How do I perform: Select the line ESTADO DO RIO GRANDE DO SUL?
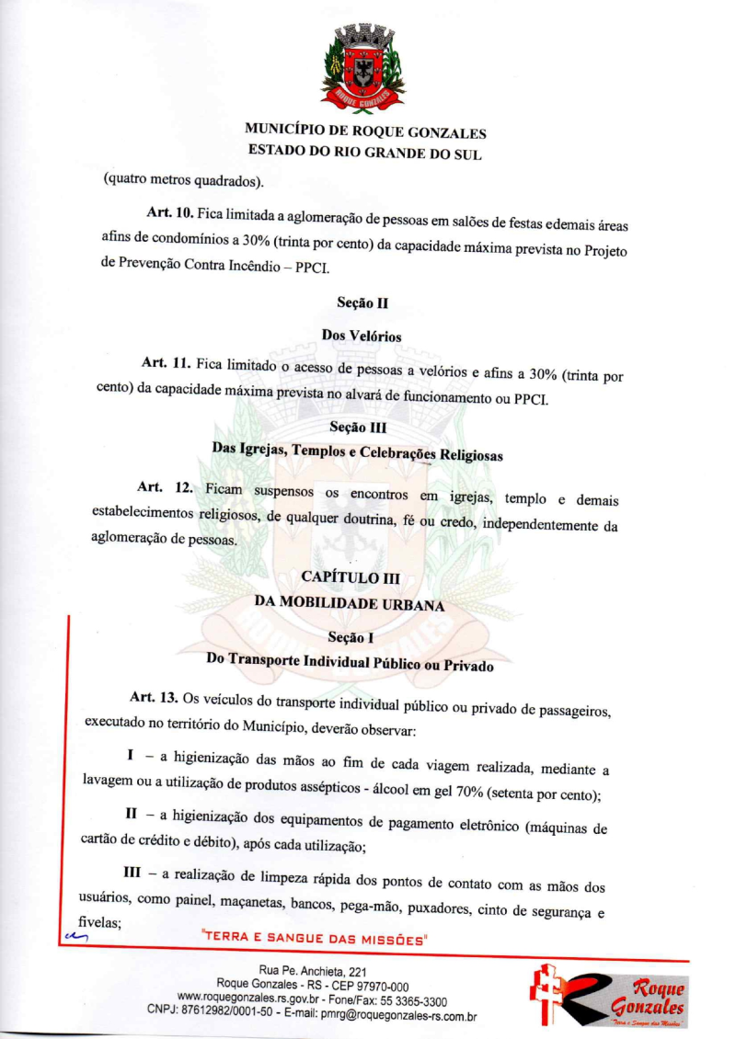pyautogui.click(x=364, y=154)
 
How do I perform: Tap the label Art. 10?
pyautogui.click(x=168, y=213)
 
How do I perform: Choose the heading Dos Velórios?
pyautogui.click(x=361, y=336)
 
